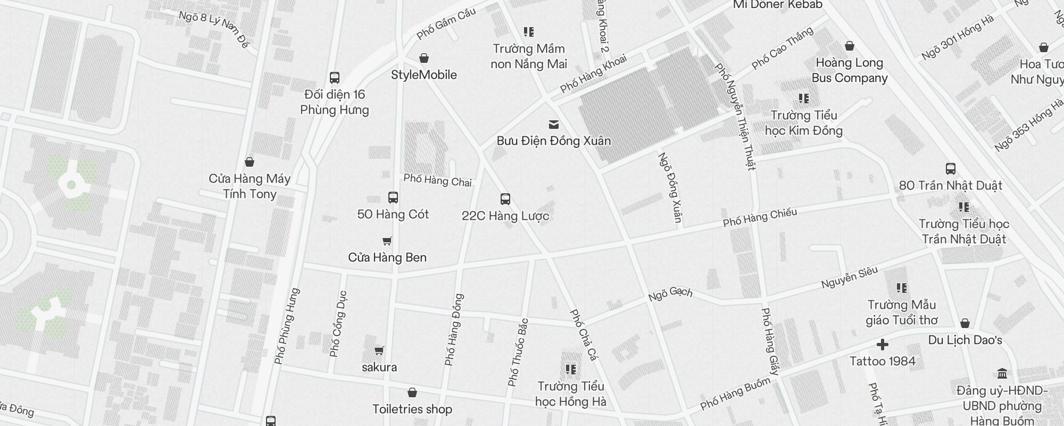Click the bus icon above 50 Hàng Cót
393,198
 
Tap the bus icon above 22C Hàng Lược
505,199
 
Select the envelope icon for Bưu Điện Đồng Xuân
554,125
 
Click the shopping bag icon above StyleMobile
424,58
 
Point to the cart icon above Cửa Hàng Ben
387,241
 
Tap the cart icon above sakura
379,350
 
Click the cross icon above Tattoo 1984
883,345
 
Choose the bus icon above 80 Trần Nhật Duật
951,169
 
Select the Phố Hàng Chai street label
437,180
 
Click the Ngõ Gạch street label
670,294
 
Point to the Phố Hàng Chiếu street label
760,217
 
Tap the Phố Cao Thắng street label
782,48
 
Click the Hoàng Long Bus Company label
850,70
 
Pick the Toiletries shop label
412,409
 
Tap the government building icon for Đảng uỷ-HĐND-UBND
1002,373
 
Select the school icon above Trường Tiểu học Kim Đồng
804,99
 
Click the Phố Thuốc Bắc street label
518,353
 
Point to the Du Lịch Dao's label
965,340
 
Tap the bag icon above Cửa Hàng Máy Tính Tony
250,162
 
